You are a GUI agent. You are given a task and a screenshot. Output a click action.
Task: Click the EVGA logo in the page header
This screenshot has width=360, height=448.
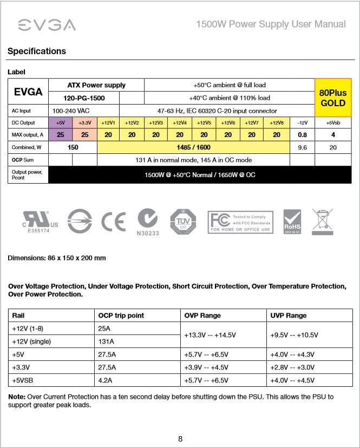[47, 25]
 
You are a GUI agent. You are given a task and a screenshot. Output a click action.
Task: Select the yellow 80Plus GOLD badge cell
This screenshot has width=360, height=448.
[333, 98]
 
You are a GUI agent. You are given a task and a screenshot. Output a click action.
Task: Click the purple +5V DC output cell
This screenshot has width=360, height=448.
[61, 123]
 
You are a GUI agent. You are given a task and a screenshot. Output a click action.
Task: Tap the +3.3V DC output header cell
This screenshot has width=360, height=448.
[84, 123]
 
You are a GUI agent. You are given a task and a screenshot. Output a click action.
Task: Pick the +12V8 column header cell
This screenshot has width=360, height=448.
[277, 123]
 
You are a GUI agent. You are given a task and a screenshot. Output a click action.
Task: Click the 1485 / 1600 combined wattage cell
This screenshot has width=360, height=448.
[193, 147]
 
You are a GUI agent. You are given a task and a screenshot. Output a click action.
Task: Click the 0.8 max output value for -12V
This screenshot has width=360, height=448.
[302, 134]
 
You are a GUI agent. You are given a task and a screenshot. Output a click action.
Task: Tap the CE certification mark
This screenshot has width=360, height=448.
[113, 222]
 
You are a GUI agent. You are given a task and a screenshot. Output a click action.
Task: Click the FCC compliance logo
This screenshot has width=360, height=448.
[240, 222]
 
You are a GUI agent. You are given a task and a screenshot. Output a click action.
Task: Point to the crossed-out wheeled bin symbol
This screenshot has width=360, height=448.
[322, 222]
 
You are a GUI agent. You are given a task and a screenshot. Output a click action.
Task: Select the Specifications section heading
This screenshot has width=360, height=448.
[37, 51]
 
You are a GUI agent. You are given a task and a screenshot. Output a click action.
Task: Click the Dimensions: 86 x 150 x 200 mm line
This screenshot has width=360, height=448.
[56, 258]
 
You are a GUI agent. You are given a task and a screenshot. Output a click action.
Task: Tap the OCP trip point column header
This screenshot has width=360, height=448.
[121, 315]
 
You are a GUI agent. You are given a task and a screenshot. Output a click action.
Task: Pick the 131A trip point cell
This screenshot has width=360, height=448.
[106, 341]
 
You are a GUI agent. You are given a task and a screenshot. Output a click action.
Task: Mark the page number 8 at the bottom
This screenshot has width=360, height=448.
[180, 439]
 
